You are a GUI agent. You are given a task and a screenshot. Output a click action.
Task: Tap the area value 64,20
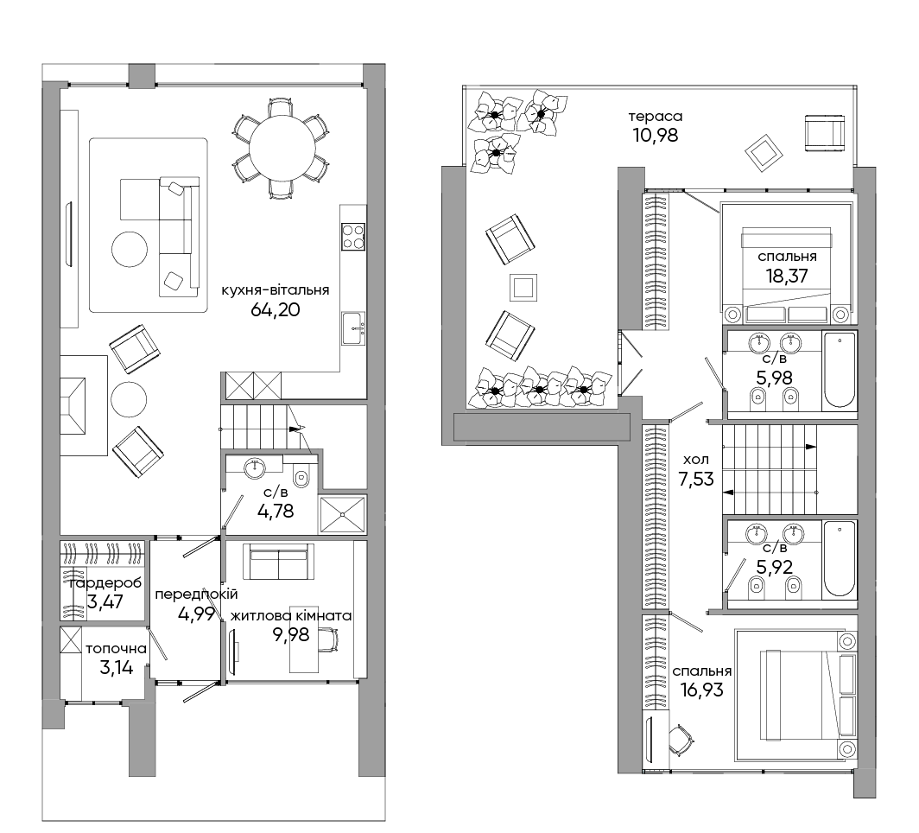(x=275, y=309)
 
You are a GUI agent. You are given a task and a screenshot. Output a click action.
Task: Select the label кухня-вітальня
(x=275, y=290)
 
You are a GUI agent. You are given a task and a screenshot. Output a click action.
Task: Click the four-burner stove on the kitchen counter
(x=353, y=236)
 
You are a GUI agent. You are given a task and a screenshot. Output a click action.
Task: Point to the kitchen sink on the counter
(x=353, y=328)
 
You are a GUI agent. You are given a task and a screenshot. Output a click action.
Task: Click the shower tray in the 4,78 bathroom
(x=342, y=515)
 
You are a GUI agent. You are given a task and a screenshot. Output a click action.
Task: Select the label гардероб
(x=105, y=583)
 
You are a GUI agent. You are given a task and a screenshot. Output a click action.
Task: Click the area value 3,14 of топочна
(x=116, y=668)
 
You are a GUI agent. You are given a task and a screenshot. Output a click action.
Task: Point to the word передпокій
(x=196, y=594)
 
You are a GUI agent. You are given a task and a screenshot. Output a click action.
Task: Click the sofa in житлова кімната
(x=278, y=561)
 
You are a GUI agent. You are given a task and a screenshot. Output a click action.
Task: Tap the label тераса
(x=656, y=117)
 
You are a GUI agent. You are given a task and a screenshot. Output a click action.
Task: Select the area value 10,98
(x=656, y=136)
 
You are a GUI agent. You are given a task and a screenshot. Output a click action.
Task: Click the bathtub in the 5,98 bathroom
(x=840, y=369)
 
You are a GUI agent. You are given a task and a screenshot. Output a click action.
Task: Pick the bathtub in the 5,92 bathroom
(x=840, y=559)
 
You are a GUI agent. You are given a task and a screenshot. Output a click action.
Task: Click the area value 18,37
(x=787, y=276)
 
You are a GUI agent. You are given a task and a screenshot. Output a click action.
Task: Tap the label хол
(x=695, y=460)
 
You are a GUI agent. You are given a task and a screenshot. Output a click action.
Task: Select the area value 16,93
(x=701, y=690)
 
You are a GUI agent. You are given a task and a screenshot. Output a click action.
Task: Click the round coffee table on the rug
(x=129, y=249)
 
